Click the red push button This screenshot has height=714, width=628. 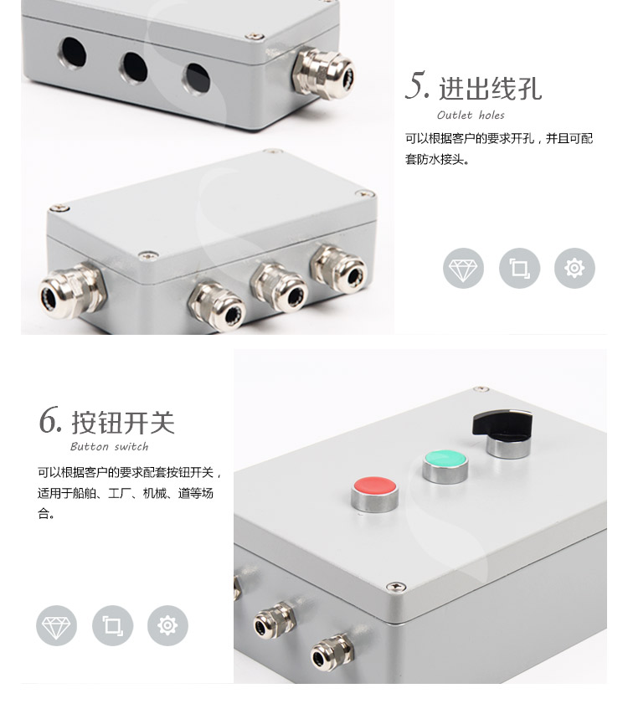[375, 494]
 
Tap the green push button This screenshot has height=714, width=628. [445, 466]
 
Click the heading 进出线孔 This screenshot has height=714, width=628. [490, 89]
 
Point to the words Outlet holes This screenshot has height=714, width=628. [471, 116]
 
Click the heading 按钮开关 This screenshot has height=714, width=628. [123, 423]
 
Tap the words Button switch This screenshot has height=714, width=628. [110, 446]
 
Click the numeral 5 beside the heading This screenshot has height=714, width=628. [417, 85]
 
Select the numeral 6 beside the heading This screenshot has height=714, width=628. [49, 419]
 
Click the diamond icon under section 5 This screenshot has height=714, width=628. [463, 268]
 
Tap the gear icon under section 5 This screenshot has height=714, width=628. [574, 268]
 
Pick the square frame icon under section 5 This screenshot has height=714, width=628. [519, 268]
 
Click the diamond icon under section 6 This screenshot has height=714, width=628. [56, 625]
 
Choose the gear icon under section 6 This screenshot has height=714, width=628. [167, 625]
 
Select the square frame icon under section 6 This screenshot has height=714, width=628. [112, 625]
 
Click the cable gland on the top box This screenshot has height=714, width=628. [323, 73]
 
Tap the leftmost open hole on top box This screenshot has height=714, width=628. [73, 53]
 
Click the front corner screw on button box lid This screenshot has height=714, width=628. [396, 587]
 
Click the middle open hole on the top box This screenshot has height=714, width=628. [134, 68]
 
